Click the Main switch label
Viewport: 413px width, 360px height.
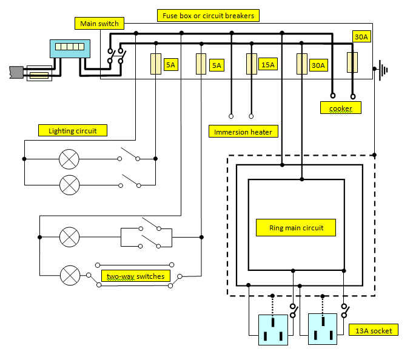pos(100,24)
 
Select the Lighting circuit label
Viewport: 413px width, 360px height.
pos(73,130)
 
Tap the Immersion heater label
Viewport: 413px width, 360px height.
pos(243,132)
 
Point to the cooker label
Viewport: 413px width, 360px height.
pos(340,108)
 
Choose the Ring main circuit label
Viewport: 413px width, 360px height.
pos(297,228)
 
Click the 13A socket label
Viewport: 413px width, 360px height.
pos(373,330)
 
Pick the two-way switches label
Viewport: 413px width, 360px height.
pos(135,276)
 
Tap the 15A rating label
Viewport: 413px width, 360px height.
pos(267,64)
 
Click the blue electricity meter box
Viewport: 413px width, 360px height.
pos(70,49)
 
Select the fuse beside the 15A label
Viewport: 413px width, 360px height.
pos(252,64)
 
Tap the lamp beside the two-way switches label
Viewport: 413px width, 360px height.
pos(70,276)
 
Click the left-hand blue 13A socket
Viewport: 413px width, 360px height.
pos(273,329)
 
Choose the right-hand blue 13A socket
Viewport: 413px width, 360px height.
pos(322,329)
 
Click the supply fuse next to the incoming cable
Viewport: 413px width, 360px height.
pos(39,75)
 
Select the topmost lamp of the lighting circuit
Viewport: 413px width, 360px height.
pos(69,159)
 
